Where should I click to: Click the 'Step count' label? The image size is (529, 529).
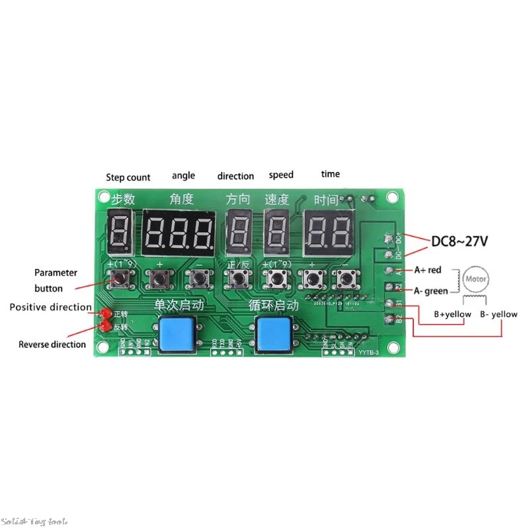pyautogui.click(x=128, y=177)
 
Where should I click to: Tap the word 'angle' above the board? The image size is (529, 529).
pyautogui.click(x=183, y=175)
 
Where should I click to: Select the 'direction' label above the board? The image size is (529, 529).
pyautogui.click(x=235, y=176)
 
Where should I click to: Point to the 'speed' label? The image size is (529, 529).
pyautogui.click(x=281, y=175)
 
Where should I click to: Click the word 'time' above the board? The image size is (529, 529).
pyautogui.click(x=331, y=174)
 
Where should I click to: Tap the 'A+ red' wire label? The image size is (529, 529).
pyautogui.click(x=428, y=270)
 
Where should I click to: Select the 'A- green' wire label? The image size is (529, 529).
pyautogui.click(x=431, y=290)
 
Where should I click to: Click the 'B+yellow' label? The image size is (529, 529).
pyautogui.click(x=452, y=315)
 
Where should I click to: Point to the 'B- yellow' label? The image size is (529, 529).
pyautogui.click(x=499, y=314)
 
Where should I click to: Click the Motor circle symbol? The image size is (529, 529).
pyautogui.click(x=476, y=278)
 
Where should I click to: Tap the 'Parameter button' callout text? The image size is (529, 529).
pyautogui.click(x=56, y=280)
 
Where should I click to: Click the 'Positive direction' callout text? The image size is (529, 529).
pyautogui.click(x=50, y=307)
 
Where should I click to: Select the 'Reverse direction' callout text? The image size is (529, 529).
pyautogui.click(x=52, y=344)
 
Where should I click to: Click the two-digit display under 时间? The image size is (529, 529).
pyautogui.click(x=329, y=234)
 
